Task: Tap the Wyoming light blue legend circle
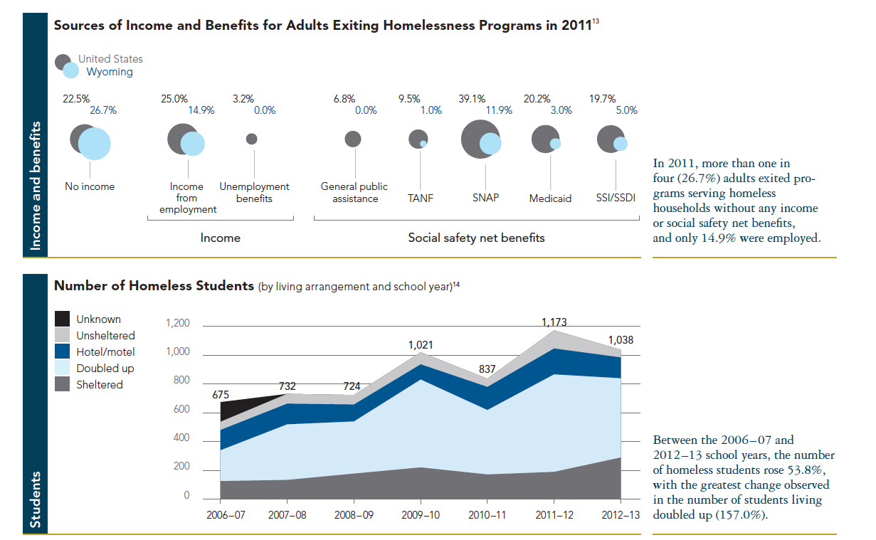click(x=71, y=71)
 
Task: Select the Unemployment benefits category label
click(x=254, y=192)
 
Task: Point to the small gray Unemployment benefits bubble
click(x=252, y=139)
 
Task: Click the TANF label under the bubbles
click(x=421, y=198)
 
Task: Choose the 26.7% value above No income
click(x=103, y=110)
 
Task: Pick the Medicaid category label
click(x=550, y=198)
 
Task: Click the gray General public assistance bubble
click(x=353, y=139)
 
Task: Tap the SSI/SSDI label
click(x=616, y=198)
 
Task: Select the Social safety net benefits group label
click(x=476, y=238)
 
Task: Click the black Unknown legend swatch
click(x=63, y=319)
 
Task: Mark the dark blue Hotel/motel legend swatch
click(x=63, y=351)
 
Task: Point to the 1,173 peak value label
click(x=554, y=322)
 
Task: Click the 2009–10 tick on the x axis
click(x=421, y=514)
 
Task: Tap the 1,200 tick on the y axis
click(x=177, y=324)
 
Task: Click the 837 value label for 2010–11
click(x=486, y=369)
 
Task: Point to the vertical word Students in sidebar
click(x=36, y=499)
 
